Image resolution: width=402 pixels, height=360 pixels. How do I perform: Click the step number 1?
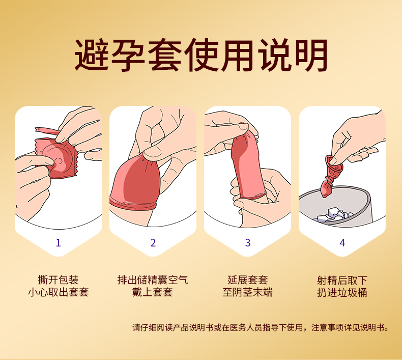58,243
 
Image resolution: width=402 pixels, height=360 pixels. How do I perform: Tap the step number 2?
153,243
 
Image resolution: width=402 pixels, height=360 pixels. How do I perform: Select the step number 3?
248,243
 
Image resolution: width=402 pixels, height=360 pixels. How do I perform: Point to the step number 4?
342,243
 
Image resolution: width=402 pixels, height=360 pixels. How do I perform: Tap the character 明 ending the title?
311,54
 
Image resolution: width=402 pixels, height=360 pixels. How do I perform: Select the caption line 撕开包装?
58,280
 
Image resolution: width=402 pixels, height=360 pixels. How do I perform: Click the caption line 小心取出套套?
58,292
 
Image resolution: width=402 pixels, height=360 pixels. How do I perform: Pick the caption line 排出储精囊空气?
153,280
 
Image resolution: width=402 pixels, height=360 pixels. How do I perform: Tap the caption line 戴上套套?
153,292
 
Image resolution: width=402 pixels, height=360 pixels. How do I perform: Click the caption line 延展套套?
248,280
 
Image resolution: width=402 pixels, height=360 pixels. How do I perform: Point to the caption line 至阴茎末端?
248,292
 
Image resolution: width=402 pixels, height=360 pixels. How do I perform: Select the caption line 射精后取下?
342,280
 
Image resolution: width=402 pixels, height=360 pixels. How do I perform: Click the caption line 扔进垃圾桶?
342,292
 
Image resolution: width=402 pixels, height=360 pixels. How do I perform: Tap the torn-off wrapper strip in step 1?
47,131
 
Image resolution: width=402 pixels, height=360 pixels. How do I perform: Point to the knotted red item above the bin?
330,176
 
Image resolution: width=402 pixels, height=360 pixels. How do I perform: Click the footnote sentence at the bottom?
261,327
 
